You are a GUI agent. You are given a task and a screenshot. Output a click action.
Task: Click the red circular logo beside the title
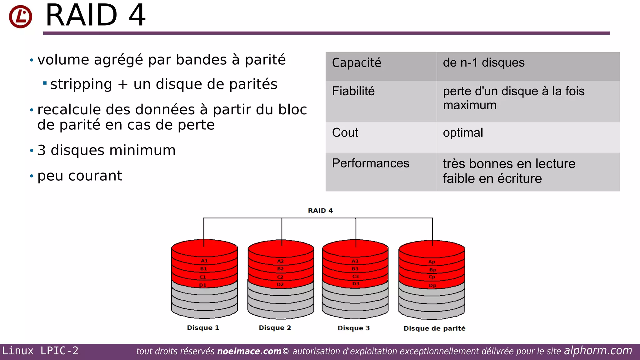click(20, 17)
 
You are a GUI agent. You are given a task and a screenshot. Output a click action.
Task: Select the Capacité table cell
click(356, 63)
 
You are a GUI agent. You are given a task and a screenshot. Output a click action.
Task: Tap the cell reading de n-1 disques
click(483, 63)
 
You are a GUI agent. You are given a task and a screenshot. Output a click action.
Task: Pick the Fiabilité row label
click(353, 91)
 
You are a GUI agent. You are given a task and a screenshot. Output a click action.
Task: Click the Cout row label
click(345, 132)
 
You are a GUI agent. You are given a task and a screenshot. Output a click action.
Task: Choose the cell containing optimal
click(463, 132)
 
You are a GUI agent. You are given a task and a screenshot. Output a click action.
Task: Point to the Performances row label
click(370, 163)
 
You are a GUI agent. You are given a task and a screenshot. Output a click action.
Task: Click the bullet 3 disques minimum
click(106, 150)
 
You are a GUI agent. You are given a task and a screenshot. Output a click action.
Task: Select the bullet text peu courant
click(80, 176)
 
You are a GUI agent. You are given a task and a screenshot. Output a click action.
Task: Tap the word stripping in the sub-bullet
click(81, 84)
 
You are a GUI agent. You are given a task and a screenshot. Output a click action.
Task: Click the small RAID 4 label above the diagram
click(320, 211)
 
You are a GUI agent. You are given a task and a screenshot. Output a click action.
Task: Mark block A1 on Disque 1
click(204, 261)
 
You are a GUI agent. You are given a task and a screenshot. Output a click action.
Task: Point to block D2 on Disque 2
click(280, 284)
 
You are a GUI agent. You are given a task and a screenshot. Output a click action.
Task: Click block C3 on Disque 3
click(356, 276)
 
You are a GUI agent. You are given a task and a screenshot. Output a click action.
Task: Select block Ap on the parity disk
click(432, 262)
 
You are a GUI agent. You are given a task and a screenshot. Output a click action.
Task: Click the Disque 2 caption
click(275, 328)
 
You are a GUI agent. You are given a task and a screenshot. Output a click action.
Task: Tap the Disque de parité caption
click(434, 328)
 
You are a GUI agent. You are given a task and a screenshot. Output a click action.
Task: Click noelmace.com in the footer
click(249, 351)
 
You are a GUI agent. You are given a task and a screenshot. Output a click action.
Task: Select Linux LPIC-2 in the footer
click(40, 351)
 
